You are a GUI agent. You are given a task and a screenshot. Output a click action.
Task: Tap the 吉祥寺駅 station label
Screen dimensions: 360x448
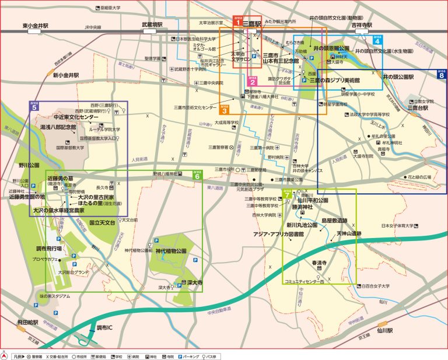[361, 26]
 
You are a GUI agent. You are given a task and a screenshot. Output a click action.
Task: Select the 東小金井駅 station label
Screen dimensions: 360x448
[35, 26]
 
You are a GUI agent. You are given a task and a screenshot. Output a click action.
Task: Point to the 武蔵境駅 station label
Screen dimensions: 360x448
[153, 25]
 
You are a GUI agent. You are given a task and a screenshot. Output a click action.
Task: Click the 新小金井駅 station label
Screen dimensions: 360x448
[65, 75]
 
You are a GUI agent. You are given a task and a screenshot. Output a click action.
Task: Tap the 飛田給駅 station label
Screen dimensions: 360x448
[27, 321]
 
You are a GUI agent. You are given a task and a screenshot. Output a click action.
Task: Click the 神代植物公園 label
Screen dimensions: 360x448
[170, 251]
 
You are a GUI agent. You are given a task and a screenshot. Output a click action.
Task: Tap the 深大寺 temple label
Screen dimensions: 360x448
[194, 282]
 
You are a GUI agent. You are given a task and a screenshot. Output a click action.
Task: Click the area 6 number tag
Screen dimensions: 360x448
[197, 174]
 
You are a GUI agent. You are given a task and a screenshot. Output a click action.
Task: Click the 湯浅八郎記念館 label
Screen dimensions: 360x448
[63, 125]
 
